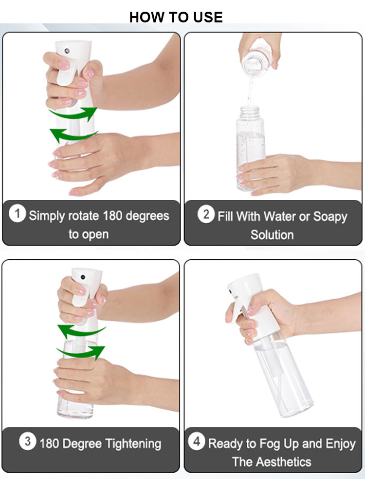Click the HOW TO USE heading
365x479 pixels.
(x=176, y=17)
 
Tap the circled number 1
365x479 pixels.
(x=18, y=214)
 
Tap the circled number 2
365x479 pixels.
(x=206, y=214)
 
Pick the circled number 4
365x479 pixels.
(x=196, y=442)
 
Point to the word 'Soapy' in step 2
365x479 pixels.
(x=329, y=216)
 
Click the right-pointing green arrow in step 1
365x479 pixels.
(x=73, y=114)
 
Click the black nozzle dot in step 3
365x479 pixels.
(x=83, y=276)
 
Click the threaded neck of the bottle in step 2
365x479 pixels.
(x=251, y=113)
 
